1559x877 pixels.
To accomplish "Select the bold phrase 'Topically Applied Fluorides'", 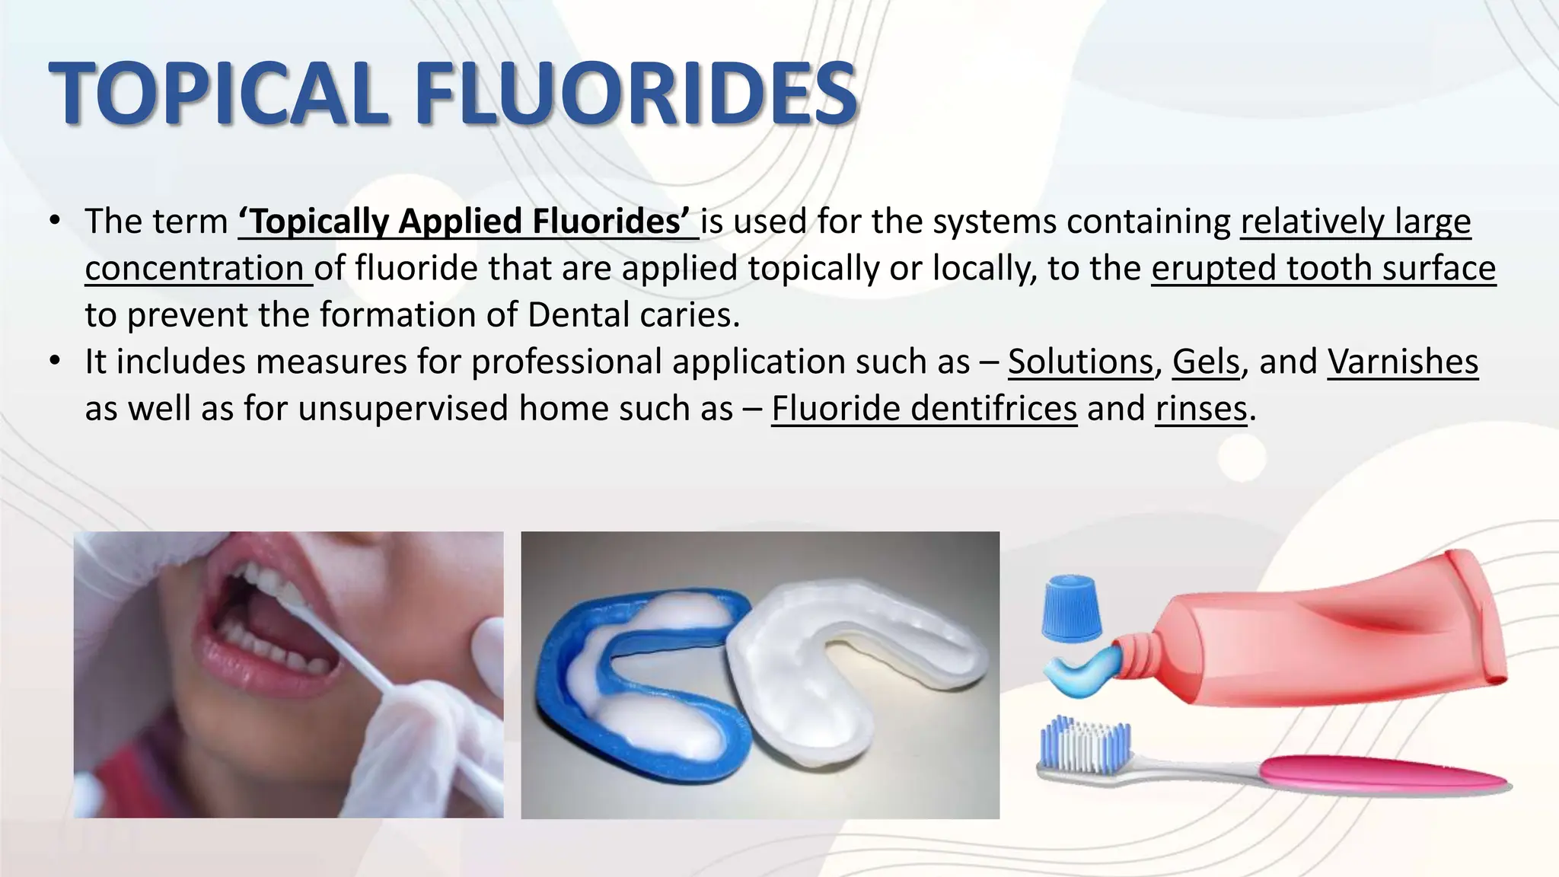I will [x=468, y=222].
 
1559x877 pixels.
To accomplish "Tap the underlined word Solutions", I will [x=1080, y=362].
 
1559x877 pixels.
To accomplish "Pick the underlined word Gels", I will [x=1206, y=362].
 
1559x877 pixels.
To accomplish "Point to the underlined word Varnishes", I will [x=1402, y=362].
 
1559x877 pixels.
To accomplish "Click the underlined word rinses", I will [x=1200, y=409].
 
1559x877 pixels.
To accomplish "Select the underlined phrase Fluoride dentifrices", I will [x=923, y=409].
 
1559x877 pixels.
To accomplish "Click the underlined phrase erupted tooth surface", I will [x=1323, y=269].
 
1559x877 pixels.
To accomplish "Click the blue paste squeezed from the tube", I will [x=1079, y=674].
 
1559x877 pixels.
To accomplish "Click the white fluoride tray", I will [x=853, y=670].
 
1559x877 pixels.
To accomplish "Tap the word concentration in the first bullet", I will [x=195, y=269].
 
